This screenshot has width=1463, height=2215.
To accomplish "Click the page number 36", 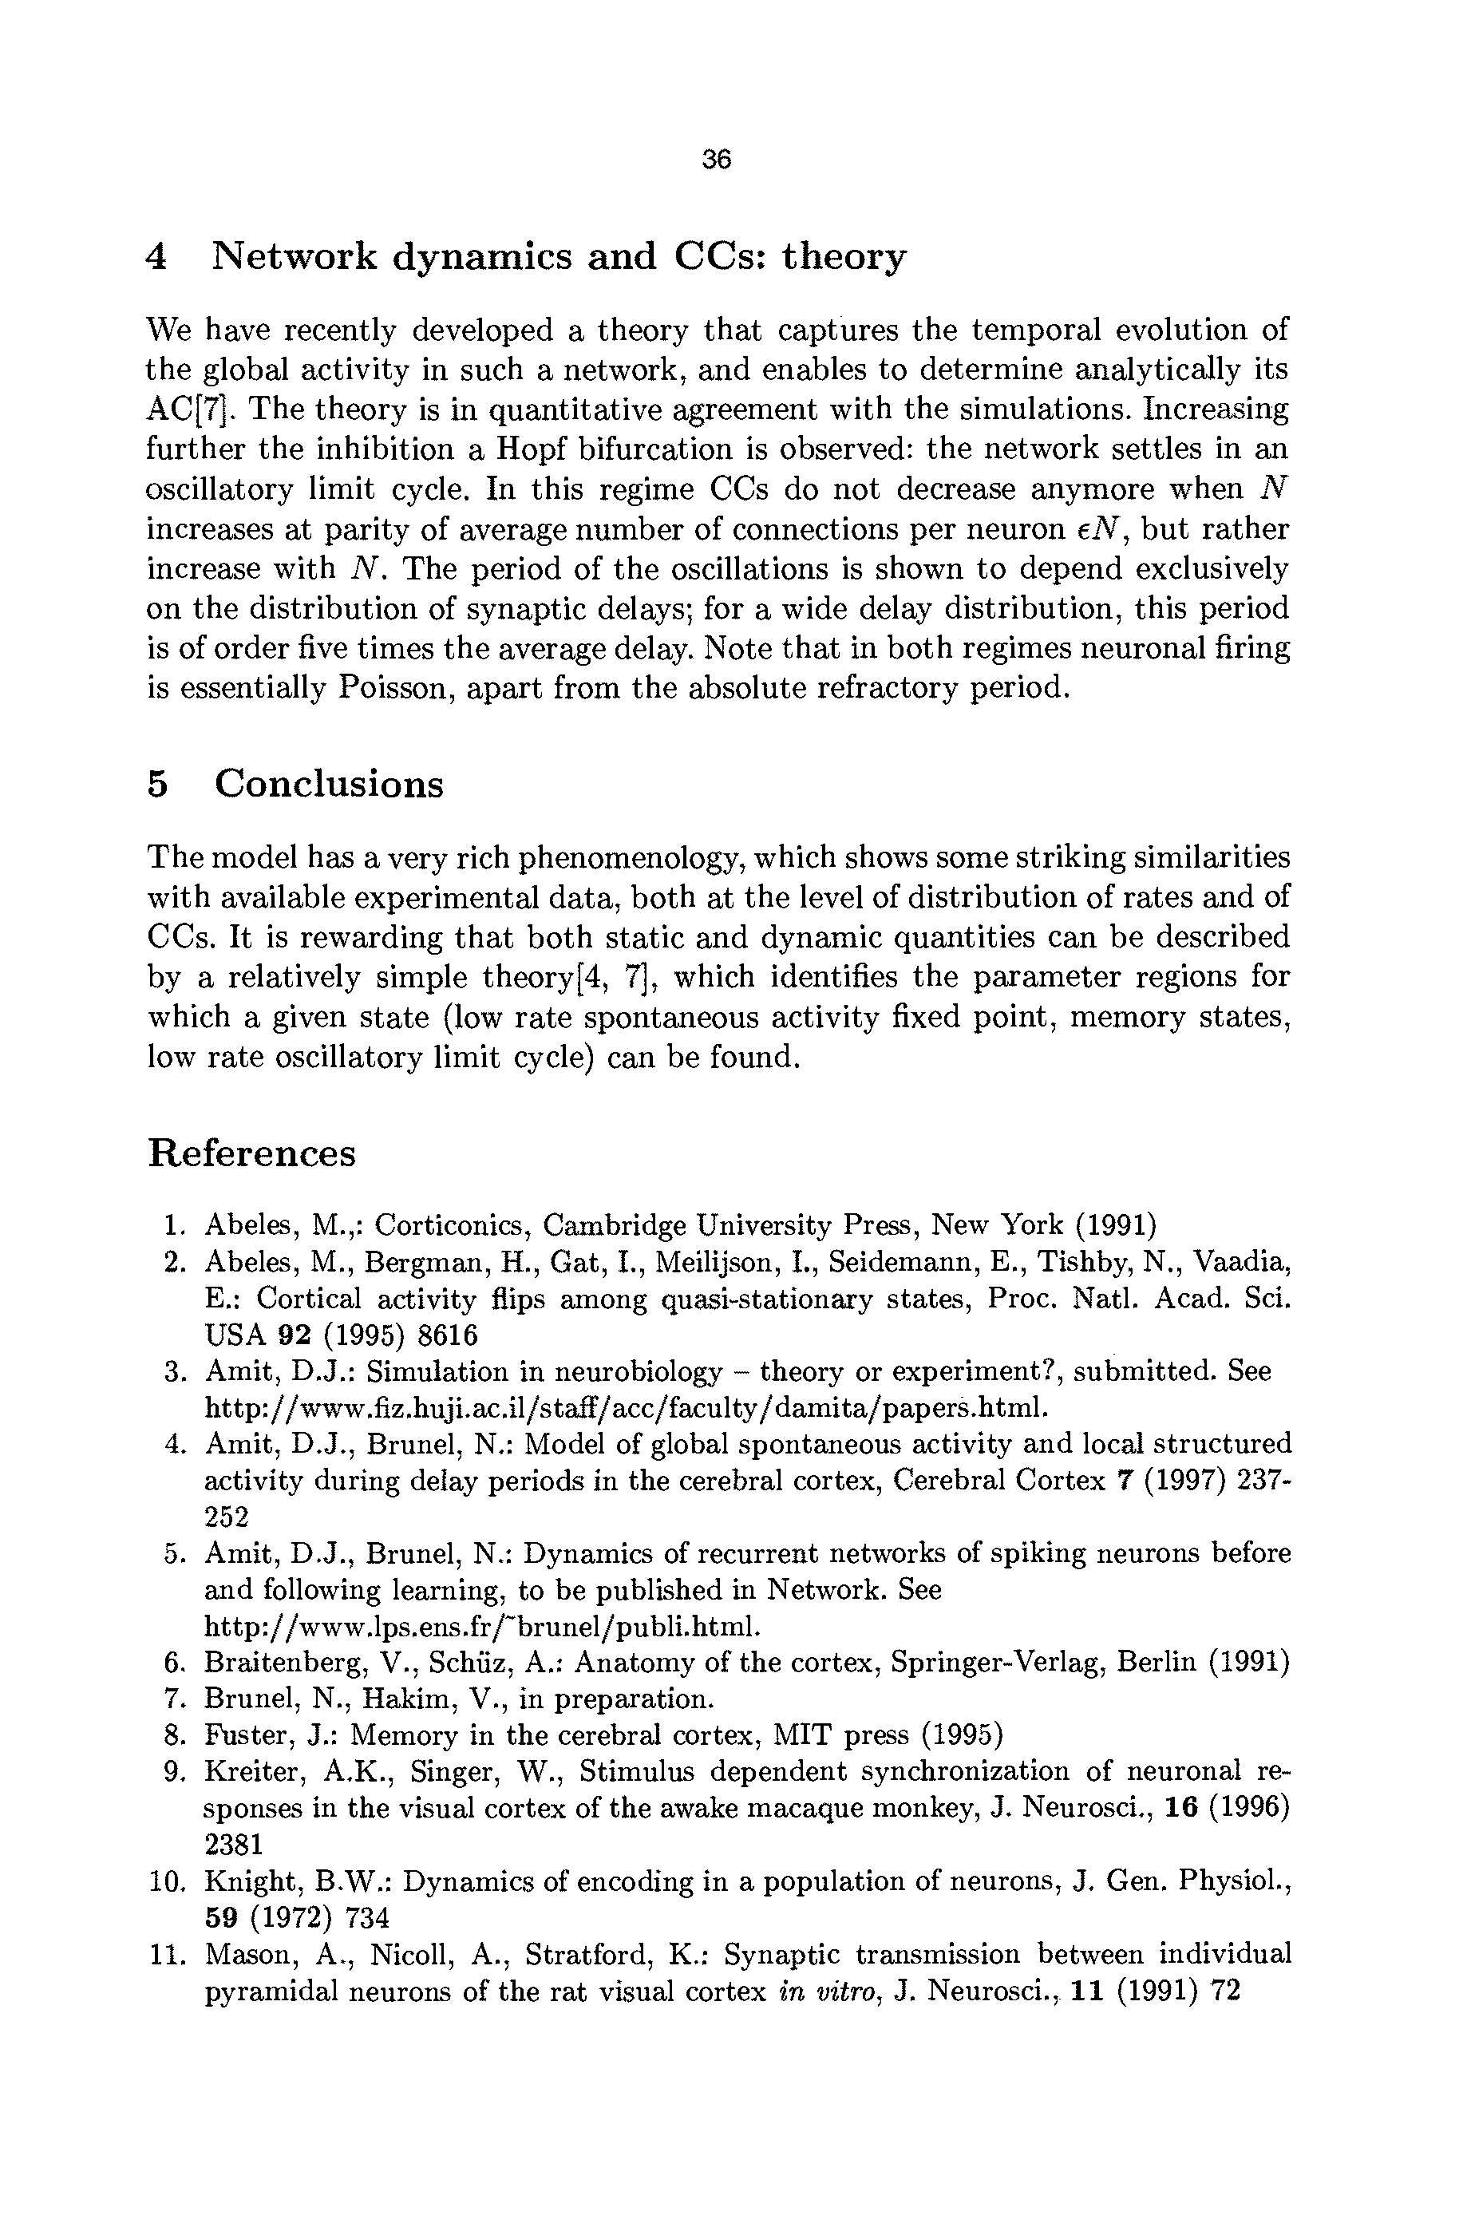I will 717,160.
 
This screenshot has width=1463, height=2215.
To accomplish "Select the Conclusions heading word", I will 330,783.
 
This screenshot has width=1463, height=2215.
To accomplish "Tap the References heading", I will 252,1153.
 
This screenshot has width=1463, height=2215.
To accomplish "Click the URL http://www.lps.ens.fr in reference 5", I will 482,1626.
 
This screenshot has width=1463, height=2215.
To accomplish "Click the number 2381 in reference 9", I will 233,1845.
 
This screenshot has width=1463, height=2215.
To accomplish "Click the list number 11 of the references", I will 169,1955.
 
